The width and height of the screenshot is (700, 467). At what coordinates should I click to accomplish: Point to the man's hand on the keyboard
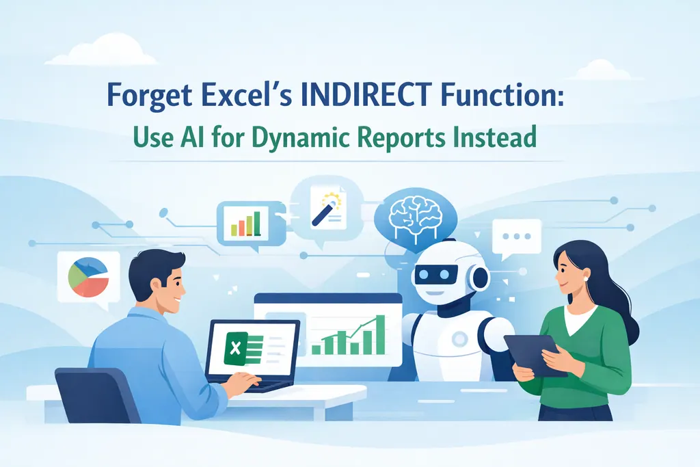click(241, 385)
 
